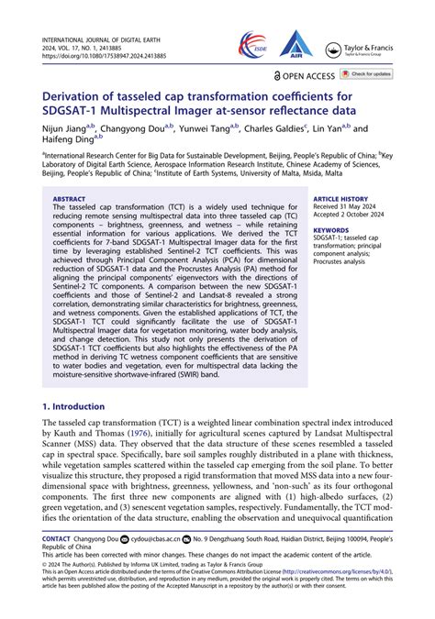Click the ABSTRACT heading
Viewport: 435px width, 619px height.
[x=69, y=198]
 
